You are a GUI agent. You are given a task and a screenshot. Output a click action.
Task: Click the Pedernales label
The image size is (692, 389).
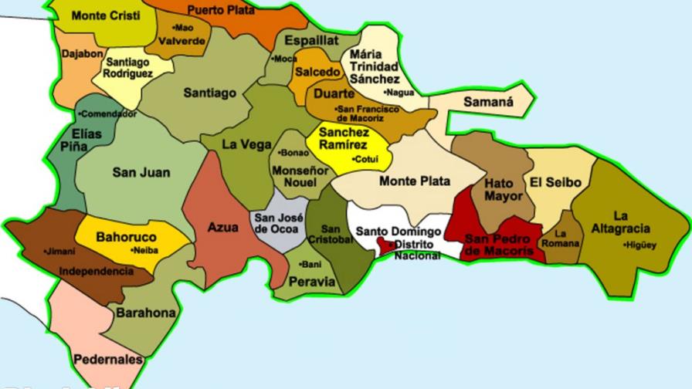coord(108,359)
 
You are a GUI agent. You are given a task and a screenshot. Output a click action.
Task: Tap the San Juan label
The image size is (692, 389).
coord(141,172)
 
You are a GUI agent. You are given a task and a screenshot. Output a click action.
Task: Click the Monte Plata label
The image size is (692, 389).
coord(415,181)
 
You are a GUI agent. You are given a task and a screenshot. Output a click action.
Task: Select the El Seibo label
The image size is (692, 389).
coord(555,182)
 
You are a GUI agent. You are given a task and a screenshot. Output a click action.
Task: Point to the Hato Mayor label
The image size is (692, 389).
coord(503,190)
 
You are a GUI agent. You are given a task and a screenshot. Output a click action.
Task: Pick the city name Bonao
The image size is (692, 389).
coord(297,152)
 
